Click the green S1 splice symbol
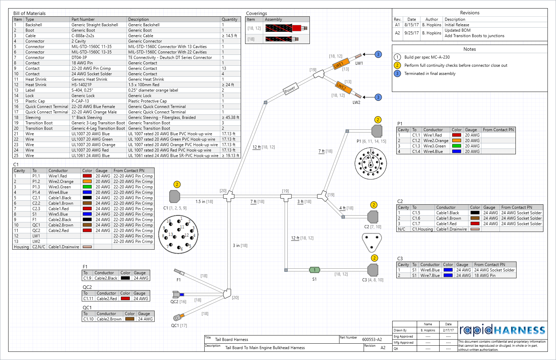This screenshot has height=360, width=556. coord(314,270)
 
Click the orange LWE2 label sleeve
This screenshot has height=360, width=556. coord(342,87)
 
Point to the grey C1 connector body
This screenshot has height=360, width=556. coord(174,197)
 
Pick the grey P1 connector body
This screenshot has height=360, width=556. coord(377,131)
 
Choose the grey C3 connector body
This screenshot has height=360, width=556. coord(373,270)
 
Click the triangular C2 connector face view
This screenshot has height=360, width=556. coord(372,242)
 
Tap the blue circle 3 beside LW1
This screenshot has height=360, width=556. coord(378,54)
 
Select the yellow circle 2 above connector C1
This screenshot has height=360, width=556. coord(177,185)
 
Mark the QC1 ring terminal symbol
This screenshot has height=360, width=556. coord(177,318)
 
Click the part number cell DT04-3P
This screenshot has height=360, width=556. coord(79,58)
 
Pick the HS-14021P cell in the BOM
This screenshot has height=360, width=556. coord(81,85)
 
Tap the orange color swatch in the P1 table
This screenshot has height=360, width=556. coord(456,141)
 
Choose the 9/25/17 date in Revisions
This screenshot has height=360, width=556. coord(412,33)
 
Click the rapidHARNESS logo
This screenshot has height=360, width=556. coord(502,330)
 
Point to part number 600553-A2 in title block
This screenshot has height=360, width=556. coord(372,340)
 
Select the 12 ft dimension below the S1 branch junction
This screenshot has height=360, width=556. coord(295,238)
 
